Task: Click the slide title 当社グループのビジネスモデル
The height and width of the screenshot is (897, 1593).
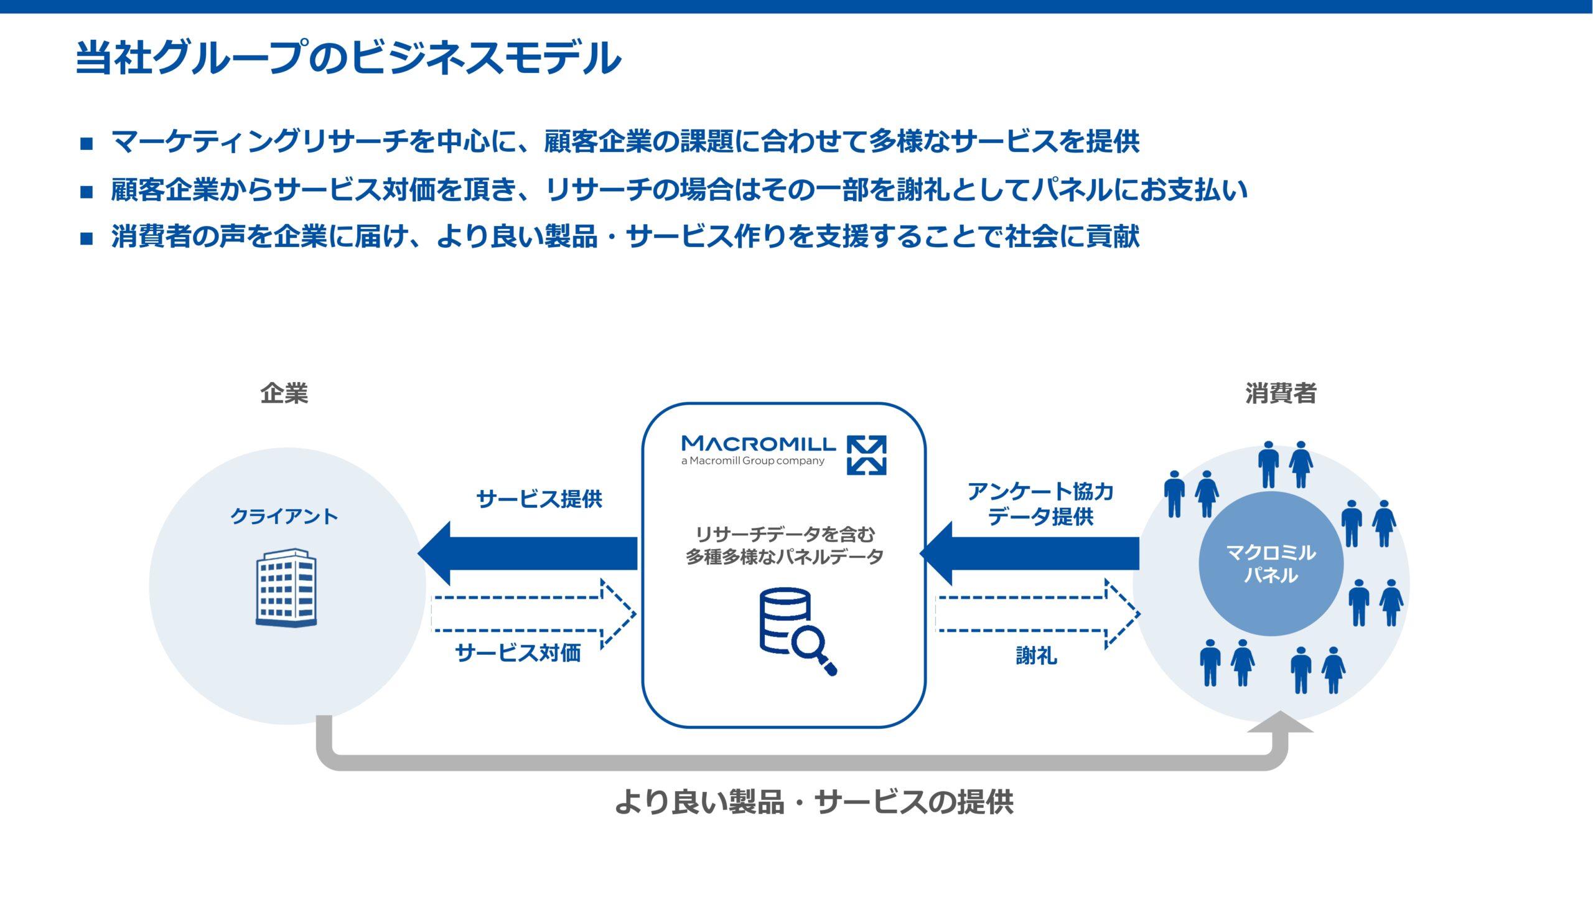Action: (348, 57)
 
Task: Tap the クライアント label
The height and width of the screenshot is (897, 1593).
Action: (284, 516)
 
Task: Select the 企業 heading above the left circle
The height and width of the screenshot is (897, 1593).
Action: (284, 393)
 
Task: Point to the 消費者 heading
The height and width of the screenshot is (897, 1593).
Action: (1281, 393)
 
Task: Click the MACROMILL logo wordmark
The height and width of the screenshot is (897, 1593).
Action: (759, 444)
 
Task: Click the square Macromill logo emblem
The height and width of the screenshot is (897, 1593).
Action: (866, 455)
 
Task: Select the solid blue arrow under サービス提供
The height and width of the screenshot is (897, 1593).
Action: (529, 553)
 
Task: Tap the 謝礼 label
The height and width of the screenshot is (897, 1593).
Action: (1036, 655)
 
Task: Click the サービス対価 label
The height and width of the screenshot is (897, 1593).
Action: (518, 653)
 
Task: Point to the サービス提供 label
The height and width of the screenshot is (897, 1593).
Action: (539, 499)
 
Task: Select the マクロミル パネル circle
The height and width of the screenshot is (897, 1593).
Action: (1271, 563)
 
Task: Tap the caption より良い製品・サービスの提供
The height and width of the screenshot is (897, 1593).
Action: (814, 802)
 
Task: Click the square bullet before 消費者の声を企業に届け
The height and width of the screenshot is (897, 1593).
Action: (86, 238)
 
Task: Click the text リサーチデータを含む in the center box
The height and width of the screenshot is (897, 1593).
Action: (785, 534)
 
